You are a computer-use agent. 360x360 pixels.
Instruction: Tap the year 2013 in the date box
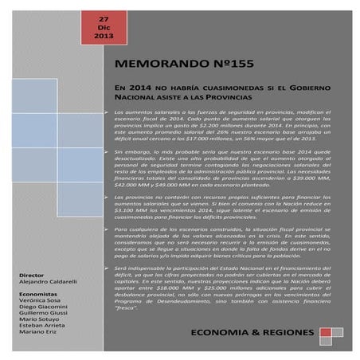coord(104,37)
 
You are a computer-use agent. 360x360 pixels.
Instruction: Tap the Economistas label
coord(39,293)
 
